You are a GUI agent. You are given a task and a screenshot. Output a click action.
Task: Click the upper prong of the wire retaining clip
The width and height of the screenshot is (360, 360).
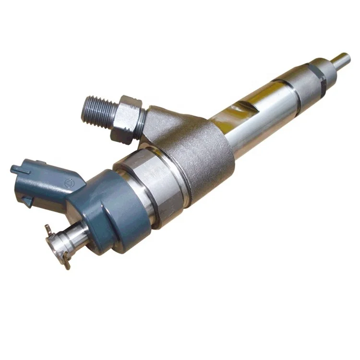(48, 228)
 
